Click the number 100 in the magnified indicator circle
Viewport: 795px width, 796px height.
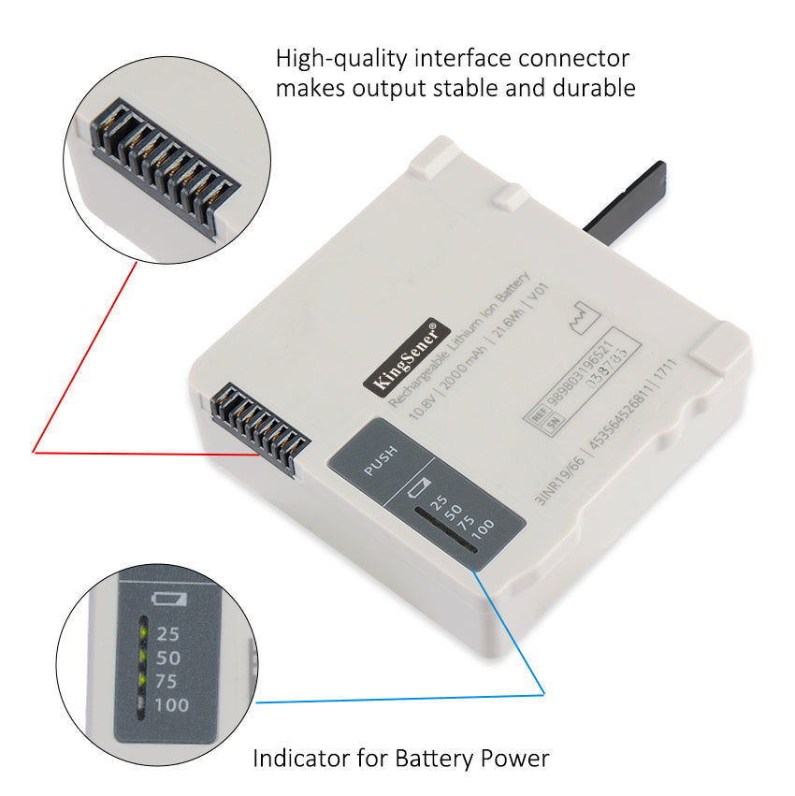tap(171, 704)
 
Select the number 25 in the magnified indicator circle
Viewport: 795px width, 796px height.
tap(168, 633)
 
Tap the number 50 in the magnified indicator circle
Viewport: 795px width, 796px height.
tap(168, 657)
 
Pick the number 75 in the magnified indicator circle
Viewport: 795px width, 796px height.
tap(168, 680)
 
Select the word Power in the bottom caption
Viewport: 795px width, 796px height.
tap(513, 758)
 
